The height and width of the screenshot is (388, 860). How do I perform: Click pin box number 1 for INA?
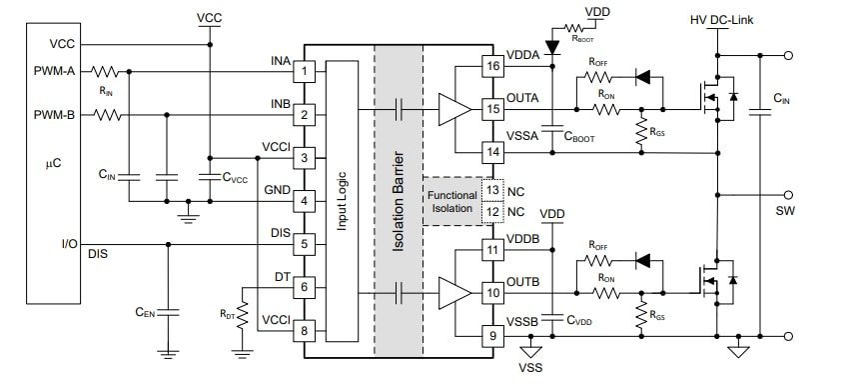coord(308,71)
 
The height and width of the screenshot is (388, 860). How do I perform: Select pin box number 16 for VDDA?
coord(491,66)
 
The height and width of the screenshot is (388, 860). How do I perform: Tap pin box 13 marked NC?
coord(491,188)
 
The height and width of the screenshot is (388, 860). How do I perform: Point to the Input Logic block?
coord(342,200)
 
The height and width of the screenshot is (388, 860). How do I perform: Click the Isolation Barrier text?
coord(398,200)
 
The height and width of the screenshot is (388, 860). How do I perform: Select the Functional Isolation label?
coord(451,200)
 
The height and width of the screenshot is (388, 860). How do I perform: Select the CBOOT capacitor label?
coord(579,138)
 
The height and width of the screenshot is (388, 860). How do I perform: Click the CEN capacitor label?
coord(146,312)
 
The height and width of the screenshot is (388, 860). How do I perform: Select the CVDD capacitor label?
coord(580,321)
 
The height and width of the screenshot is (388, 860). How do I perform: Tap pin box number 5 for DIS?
coord(308,243)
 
